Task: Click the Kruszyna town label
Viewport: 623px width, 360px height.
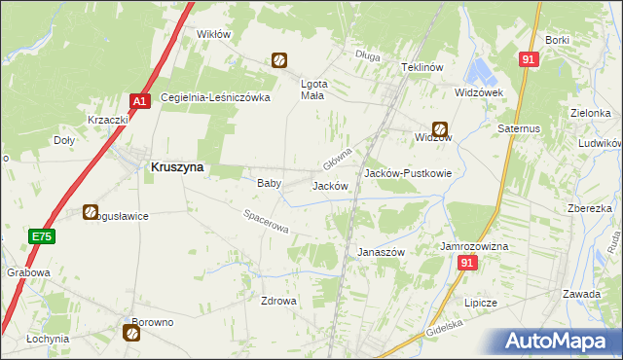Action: tap(177, 166)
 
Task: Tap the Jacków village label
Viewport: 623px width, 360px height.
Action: tap(329, 185)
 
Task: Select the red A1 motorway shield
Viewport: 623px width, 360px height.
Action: tap(139, 100)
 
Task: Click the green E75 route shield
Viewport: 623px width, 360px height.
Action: tap(41, 236)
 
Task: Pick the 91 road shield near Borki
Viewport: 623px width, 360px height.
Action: tap(529, 59)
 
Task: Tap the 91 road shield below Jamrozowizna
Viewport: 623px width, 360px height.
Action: tap(469, 263)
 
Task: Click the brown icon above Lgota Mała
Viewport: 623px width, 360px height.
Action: tap(279, 60)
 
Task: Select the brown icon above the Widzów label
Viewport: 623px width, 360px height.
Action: tap(440, 127)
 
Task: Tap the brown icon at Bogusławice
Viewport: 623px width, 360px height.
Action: tap(91, 211)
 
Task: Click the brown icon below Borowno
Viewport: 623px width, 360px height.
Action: tap(131, 334)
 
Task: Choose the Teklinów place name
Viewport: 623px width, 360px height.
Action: tap(422, 67)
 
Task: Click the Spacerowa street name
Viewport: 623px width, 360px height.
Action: tap(266, 221)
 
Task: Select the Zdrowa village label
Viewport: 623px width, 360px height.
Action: tap(277, 301)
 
